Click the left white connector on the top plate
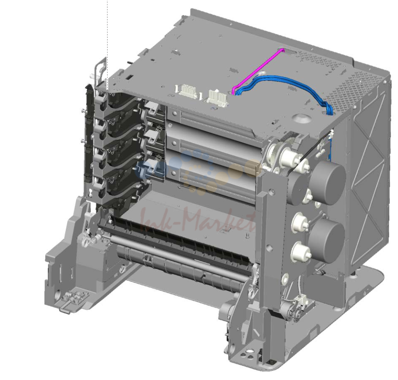187,91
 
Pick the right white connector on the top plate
217,96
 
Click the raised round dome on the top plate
302,118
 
